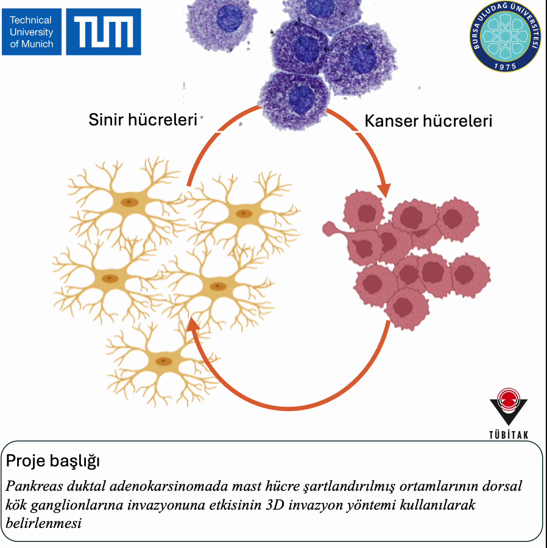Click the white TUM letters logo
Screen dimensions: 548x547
point(104,32)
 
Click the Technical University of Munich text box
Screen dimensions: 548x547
point(32,32)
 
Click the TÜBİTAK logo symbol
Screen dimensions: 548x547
point(508,407)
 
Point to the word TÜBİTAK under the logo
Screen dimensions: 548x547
point(508,434)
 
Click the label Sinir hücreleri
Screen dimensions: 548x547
point(143,119)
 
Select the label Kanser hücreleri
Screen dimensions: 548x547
point(428,121)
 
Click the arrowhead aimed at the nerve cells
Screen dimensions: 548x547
point(194,325)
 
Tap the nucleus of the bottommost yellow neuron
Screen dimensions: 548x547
point(163,361)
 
